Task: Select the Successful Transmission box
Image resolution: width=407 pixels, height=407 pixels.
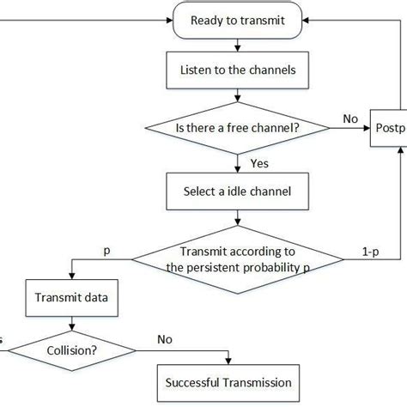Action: point(228,382)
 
